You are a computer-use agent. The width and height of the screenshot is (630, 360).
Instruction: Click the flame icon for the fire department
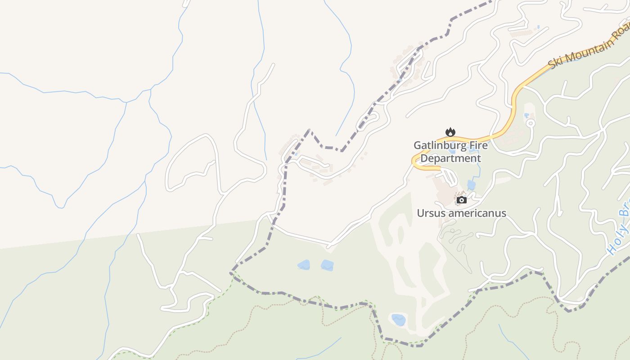tap(450, 132)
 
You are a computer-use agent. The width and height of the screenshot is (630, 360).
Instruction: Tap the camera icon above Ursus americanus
tap(461, 200)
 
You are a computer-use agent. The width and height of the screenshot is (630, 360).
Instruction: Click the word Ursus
tap(432, 213)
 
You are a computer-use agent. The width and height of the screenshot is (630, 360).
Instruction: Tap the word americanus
tap(478, 213)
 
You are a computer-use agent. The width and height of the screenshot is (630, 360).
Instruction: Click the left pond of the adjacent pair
tap(304, 265)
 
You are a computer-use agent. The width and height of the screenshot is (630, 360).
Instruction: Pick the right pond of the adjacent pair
tap(327, 265)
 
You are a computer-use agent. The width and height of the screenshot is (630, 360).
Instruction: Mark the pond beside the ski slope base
tap(399, 320)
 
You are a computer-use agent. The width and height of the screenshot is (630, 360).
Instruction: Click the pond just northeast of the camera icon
tap(471, 185)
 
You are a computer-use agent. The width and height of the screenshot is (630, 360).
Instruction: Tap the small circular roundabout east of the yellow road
tap(531, 122)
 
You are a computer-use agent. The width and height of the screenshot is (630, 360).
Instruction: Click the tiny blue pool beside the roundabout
tap(526, 116)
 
